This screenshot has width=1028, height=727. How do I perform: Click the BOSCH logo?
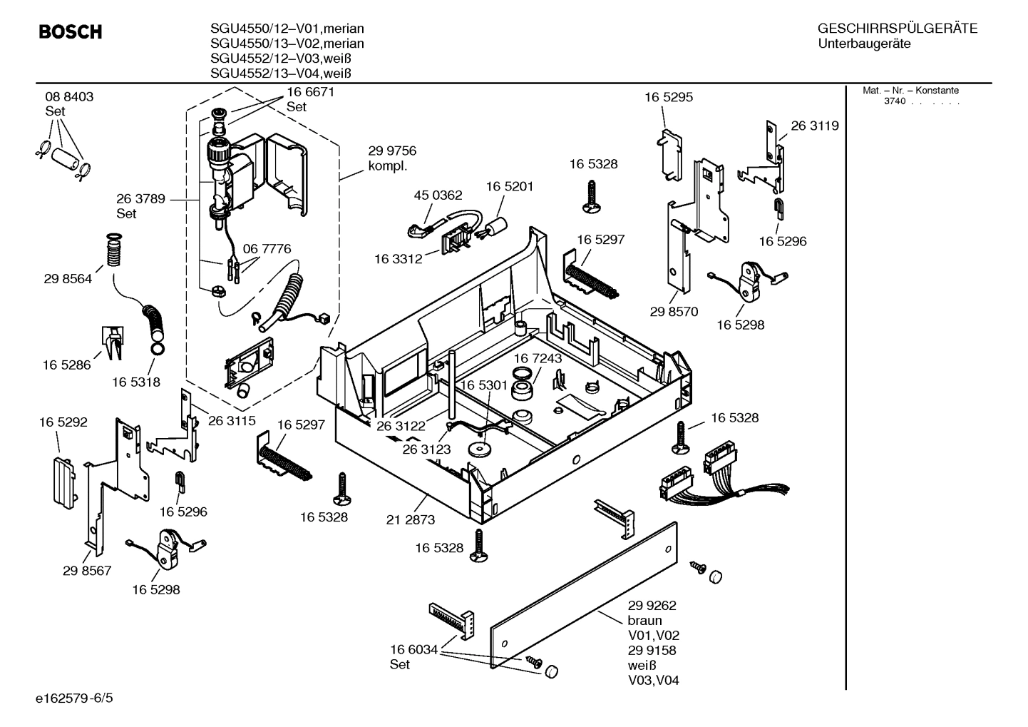pos(70,32)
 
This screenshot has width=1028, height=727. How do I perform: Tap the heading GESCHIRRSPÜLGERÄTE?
pos(897,29)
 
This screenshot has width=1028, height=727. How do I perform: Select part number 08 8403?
pos(69,96)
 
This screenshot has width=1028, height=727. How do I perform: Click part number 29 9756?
pos(392,151)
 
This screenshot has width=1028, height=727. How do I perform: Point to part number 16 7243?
pos(538,358)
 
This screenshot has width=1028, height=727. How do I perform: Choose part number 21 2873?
pos(410,520)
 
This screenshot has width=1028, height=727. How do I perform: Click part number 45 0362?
pos(438,195)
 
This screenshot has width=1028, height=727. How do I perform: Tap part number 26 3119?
pos(814,126)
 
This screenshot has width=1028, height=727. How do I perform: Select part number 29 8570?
pos(674,312)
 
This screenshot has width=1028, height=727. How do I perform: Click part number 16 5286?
pos(66,365)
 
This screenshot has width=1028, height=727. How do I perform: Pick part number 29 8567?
pos(87,571)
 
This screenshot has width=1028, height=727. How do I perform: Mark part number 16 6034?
pos(413,649)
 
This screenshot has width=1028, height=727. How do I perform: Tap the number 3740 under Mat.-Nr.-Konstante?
pos(894,101)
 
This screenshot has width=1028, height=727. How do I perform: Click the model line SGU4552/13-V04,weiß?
pos(282,73)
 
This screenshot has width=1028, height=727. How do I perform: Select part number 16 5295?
pos(669,97)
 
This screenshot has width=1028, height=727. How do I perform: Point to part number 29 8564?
pos(68,279)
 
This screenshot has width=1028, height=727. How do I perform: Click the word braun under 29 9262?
pos(644,621)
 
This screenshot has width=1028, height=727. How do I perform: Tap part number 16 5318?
pos(135,382)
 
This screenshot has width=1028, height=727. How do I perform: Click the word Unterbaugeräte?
pos(864,44)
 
